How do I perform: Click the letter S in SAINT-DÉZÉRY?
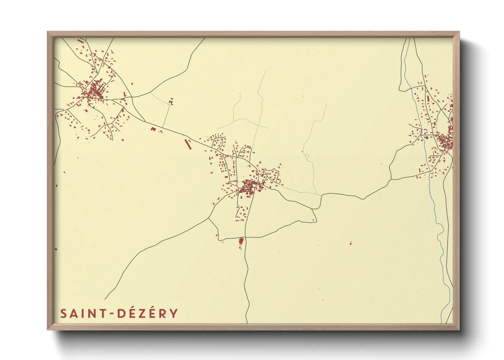point(64,313)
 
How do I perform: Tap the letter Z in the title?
point(141,313)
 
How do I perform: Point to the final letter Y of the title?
point(174,313)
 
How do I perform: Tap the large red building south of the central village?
point(241,241)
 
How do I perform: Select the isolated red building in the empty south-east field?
point(350,243)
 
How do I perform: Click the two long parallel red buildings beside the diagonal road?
point(187,144)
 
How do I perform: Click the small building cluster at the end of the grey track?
point(171,101)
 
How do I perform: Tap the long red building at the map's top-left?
point(80,41)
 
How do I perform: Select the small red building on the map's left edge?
point(56,186)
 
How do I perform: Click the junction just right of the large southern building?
point(246,238)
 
